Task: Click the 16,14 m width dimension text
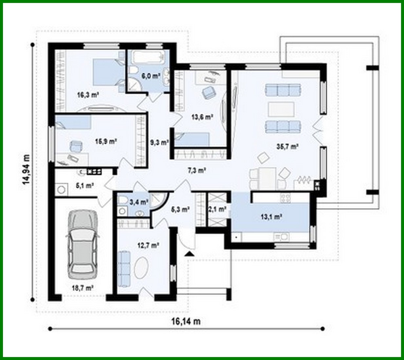[185, 321]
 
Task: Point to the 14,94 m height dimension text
[26, 169]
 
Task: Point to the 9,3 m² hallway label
[159, 142]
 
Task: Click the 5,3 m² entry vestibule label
[180, 209]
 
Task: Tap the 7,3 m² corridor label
[196, 170]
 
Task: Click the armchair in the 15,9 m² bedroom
[76, 146]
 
